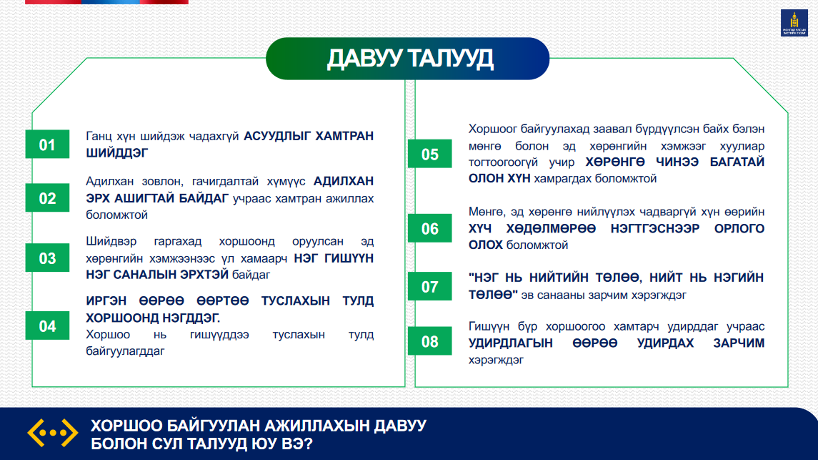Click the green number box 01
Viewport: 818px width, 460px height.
click(47, 144)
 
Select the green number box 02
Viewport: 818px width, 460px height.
click(47, 198)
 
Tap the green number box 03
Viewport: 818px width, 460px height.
click(47, 258)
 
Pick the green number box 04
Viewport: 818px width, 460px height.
click(47, 326)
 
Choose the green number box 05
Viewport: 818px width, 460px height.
click(430, 154)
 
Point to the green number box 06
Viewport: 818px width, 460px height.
click(430, 228)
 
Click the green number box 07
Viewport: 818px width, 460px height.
click(430, 286)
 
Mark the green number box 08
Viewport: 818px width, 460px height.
click(430, 341)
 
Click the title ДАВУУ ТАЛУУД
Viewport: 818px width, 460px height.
click(410, 59)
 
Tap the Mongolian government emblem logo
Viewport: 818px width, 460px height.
click(794, 23)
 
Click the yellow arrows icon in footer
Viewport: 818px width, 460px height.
click(53, 433)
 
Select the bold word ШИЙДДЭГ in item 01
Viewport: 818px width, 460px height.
click(117, 153)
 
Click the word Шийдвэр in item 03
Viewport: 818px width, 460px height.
click(111, 242)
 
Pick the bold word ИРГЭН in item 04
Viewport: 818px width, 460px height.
click(106, 301)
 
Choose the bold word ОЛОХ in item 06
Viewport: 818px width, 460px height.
click(486, 245)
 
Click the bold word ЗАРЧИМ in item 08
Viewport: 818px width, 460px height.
click(739, 343)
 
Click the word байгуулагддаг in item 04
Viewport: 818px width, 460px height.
click(125, 351)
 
